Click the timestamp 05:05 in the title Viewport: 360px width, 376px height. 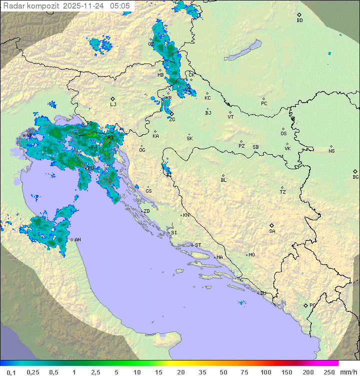pos(120,6)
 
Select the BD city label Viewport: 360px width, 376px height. pos(299,21)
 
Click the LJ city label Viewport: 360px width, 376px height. pos(113,104)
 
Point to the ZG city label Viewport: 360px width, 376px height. pos(172,120)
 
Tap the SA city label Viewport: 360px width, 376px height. pos(272,231)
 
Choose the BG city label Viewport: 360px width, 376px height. pos(355,177)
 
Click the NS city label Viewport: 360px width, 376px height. pos(331,151)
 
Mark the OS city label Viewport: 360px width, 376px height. pos(283,134)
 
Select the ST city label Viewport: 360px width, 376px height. pos(198,245)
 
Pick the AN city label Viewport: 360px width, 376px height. pos(77,240)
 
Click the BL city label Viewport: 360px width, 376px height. pos(223,180)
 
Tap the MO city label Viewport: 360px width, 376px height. pos(251,255)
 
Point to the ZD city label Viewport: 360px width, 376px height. pos(146,211)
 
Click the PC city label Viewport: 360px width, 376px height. pos(264,104)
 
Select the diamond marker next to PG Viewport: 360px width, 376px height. pos(305,305)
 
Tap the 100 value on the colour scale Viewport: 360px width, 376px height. pos(265,372)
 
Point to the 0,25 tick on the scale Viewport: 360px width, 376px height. pos(33,372)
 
